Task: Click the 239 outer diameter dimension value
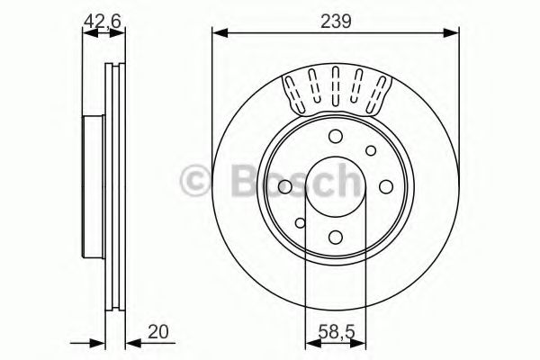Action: pos(336,18)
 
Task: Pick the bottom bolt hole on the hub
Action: pos(335,238)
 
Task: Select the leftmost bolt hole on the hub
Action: pos(283,186)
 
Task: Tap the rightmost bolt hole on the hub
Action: pos(386,186)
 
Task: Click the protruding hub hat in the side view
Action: pos(89,186)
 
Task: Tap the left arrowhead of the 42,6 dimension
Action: pos(86,34)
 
